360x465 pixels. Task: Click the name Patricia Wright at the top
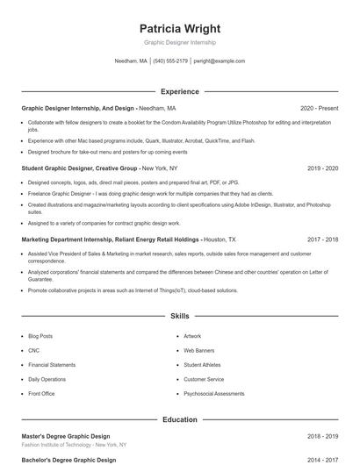click(x=179, y=28)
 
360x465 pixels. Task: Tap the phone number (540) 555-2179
click(x=170, y=61)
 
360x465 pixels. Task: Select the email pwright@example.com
click(x=220, y=61)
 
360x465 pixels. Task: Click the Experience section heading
click(x=179, y=91)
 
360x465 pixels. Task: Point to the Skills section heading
click(x=179, y=315)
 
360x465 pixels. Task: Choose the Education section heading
click(x=179, y=419)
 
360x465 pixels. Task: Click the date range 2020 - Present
click(x=319, y=108)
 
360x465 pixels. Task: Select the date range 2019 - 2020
click(x=323, y=167)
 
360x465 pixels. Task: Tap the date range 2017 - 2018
click(x=323, y=239)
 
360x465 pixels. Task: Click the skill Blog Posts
click(x=40, y=336)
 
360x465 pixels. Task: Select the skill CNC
click(x=33, y=350)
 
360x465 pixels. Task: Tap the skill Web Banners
click(x=198, y=350)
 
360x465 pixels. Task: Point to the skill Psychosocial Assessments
click(x=213, y=394)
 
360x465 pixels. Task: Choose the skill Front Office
click(x=41, y=394)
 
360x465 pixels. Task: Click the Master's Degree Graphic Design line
click(x=66, y=436)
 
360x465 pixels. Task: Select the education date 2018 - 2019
click(x=323, y=436)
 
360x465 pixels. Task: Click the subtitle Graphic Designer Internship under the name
click(x=179, y=42)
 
